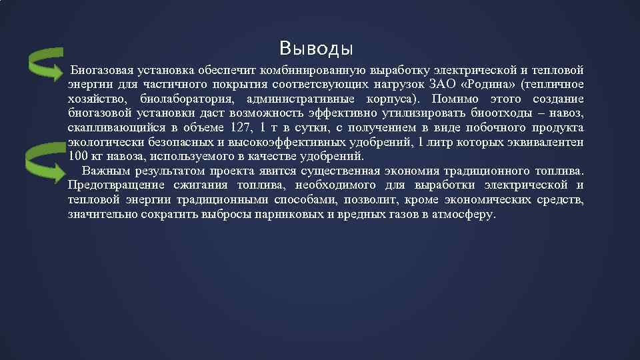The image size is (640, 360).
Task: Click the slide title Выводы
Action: (316, 49)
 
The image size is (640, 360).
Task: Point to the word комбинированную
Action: (311, 69)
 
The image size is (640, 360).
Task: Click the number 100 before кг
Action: (77, 157)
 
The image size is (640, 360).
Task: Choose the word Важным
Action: (103, 171)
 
